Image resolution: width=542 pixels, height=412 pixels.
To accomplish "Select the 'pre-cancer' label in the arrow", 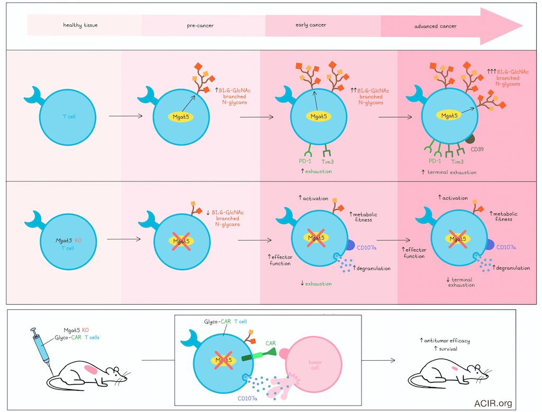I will coord(201,25).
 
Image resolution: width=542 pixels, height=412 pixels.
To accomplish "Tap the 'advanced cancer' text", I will coord(436,25).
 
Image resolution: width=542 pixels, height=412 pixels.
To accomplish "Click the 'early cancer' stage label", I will coord(311,25).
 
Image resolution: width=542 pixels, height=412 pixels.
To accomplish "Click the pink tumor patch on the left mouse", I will coord(91,369).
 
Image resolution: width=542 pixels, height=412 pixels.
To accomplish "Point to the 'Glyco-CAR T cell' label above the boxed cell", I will coord(225,321).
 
